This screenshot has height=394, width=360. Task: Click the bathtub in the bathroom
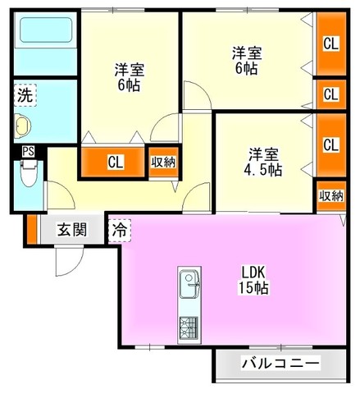click(x=46, y=30)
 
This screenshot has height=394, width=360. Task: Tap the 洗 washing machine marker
click(x=25, y=95)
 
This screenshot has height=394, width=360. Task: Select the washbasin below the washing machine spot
click(x=22, y=126)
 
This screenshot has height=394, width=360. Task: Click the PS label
click(x=29, y=151)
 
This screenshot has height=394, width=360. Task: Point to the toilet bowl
click(x=29, y=174)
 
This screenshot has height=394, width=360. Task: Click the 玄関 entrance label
click(x=72, y=229)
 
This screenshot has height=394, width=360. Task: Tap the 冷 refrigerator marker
click(x=120, y=231)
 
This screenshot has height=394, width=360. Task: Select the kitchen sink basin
click(x=189, y=284)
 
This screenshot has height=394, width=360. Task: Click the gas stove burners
click(x=189, y=328)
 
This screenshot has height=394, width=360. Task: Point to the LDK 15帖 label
click(x=253, y=280)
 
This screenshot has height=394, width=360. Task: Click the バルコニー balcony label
click(x=280, y=364)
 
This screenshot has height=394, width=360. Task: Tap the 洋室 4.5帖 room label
click(x=263, y=162)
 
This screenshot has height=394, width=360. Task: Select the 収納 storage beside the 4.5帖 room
click(x=331, y=195)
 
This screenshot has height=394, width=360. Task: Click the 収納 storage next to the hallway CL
click(x=163, y=163)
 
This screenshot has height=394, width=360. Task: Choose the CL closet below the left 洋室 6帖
click(x=113, y=163)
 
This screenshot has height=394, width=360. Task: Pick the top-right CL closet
click(x=331, y=44)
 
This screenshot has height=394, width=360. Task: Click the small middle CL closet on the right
click(x=331, y=94)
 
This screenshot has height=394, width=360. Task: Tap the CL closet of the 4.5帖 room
click(x=331, y=145)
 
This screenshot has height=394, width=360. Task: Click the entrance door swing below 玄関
click(x=69, y=261)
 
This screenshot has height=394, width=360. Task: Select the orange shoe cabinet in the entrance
click(x=32, y=229)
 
